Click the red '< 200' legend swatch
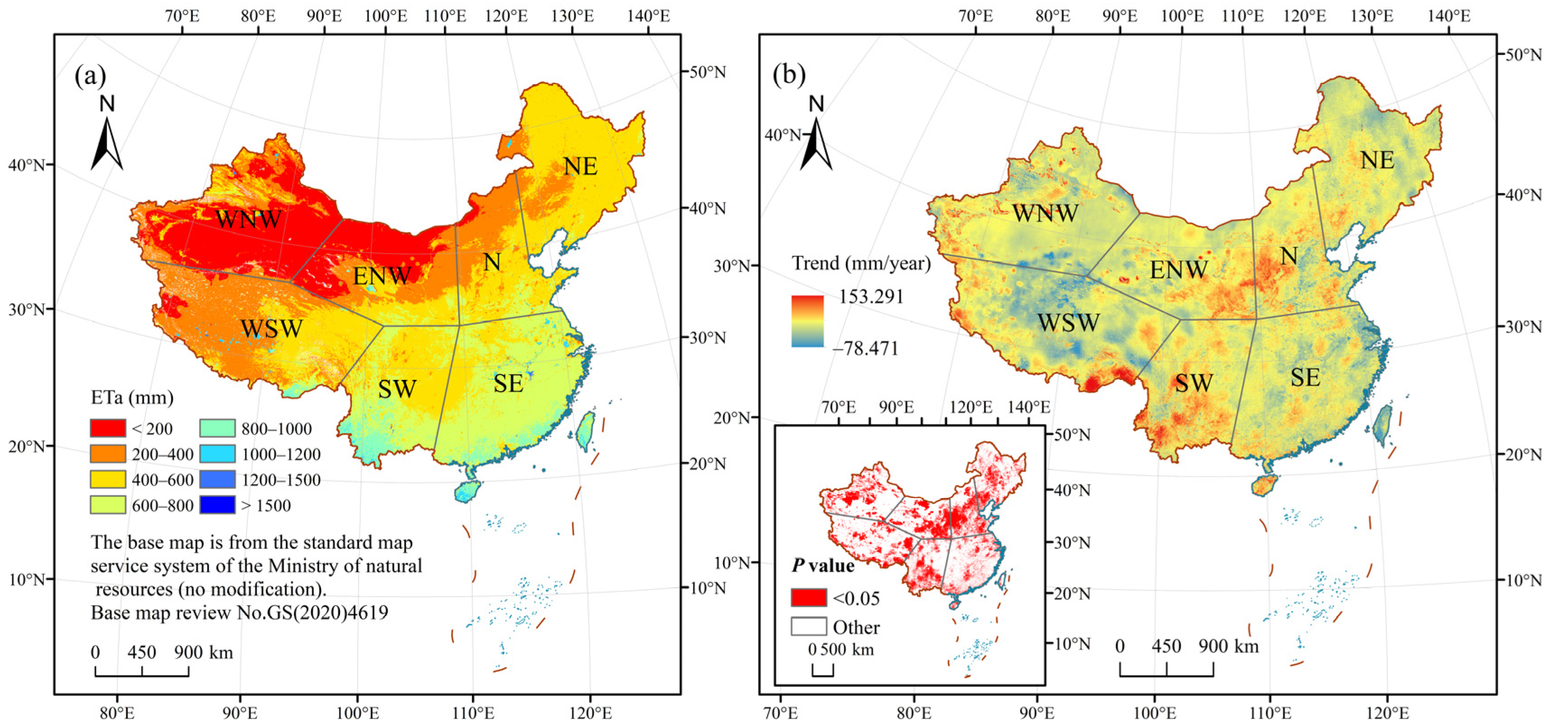click(108, 428)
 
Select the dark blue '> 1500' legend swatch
click(217, 505)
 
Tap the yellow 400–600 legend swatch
click(108, 479)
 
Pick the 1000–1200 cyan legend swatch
click(217, 454)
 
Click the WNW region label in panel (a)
click(248, 219)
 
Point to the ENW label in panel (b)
click(1179, 270)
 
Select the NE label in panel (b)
click(1377, 160)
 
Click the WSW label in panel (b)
click(1068, 323)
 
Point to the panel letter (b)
click(789, 75)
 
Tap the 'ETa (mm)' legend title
click(132, 398)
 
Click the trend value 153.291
click(871, 297)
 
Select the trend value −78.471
click(865, 348)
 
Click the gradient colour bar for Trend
click(807, 321)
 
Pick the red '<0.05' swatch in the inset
click(809, 597)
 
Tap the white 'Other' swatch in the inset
click(809, 626)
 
